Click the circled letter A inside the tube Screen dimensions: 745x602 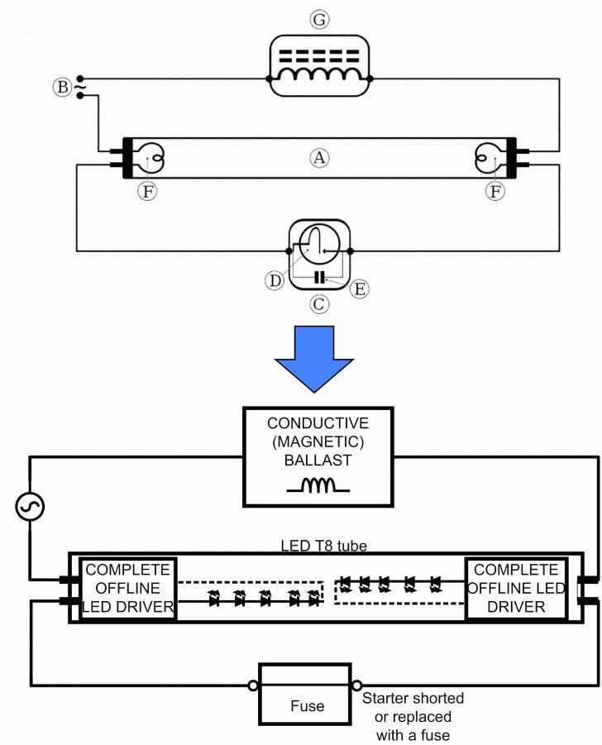(x=318, y=155)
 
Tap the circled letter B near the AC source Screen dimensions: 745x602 (x=61, y=86)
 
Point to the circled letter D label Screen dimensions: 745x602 (x=275, y=280)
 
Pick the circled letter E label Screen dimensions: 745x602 (x=361, y=288)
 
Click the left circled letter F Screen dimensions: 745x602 (x=148, y=191)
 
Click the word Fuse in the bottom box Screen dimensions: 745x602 (x=307, y=706)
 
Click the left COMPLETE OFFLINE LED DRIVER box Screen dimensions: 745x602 (x=127, y=589)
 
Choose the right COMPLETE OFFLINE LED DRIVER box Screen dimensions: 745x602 (x=516, y=589)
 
